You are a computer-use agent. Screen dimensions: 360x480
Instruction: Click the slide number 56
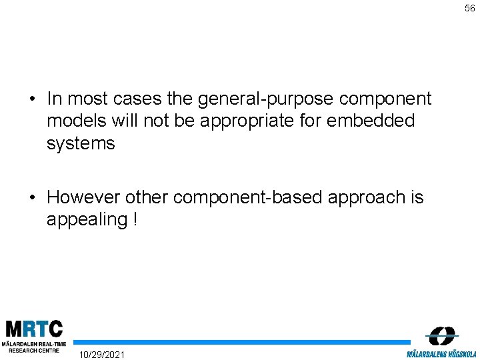tap(470, 9)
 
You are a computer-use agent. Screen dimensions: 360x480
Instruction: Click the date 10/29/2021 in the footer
tap(101, 353)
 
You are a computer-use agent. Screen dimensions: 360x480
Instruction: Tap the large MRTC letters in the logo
tap(34, 329)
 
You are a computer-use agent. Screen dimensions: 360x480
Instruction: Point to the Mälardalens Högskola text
tap(441, 354)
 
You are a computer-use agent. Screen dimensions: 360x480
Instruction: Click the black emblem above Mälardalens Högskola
tap(441, 336)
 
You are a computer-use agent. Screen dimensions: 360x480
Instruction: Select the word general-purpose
tap(266, 99)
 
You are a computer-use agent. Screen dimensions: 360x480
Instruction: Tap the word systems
tap(81, 143)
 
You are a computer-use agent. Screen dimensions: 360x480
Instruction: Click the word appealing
tap(85, 219)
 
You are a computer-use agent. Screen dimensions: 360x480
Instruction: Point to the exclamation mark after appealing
tap(135, 219)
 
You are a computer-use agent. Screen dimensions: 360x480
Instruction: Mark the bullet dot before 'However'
tap(32, 198)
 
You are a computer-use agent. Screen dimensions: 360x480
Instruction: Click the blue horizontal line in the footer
tap(240, 343)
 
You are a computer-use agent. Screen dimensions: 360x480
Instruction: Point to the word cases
tap(136, 99)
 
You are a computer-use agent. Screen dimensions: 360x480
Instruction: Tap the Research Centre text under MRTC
tap(30, 350)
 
